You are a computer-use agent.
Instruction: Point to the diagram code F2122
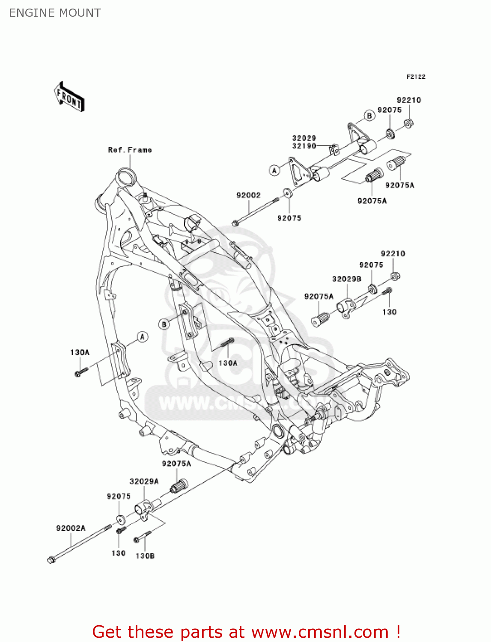click(x=416, y=77)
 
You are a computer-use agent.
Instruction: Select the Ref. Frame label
click(x=130, y=150)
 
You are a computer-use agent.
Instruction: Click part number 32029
click(x=304, y=138)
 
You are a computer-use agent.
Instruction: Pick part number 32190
click(x=304, y=146)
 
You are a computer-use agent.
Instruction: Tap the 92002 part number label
click(x=248, y=195)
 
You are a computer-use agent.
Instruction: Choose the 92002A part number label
click(x=71, y=528)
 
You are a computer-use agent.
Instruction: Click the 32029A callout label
click(x=144, y=481)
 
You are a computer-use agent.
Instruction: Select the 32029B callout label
click(x=346, y=279)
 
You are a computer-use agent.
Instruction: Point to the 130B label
click(x=145, y=556)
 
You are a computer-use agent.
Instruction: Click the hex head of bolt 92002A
click(x=51, y=560)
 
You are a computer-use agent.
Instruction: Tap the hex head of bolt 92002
click(x=235, y=223)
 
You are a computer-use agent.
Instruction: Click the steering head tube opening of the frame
click(x=126, y=176)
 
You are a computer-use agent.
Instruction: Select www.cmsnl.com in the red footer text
click(x=320, y=632)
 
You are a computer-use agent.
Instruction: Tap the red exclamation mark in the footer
click(x=398, y=632)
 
